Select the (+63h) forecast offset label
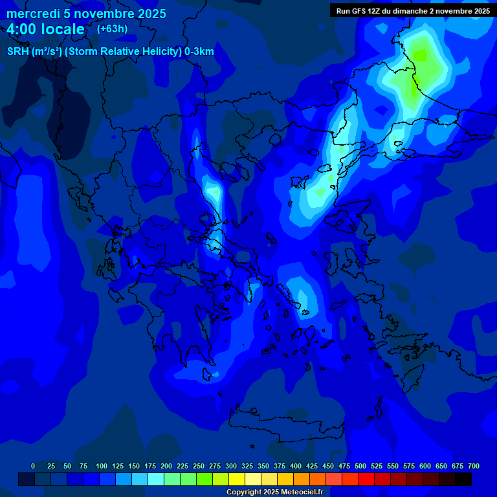coord(112,29)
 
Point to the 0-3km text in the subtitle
coord(199,52)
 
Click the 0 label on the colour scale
coord(33,466)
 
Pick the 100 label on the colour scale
coord(102,466)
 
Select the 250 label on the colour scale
coord(199,466)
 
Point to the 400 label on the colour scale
coord(296,466)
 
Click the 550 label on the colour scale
coord(393,466)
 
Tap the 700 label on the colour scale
coord(474,466)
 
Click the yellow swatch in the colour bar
coord(237,479)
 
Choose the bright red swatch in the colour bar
coord(366,479)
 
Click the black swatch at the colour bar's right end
coord(463,479)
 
